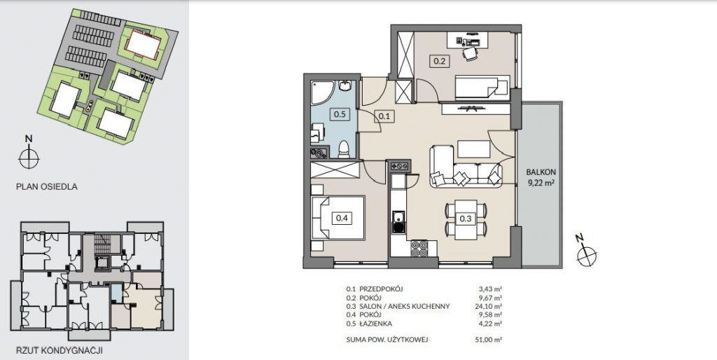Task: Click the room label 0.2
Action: [439, 60]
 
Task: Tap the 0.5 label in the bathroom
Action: [340, 114]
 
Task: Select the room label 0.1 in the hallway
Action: [384, 116]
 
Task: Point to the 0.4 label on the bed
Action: [342, 219]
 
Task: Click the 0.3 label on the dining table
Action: [466, 219]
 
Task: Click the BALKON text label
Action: [541, 172]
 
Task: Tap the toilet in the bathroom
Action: [343, 148]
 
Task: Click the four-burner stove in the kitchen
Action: [419, 249]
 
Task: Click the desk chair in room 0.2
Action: [470, 53]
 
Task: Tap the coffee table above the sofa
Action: [474, 149]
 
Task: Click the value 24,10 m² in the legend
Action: [489, 307]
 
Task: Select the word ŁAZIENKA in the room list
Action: [376, 324]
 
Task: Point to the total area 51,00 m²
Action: [489, 340]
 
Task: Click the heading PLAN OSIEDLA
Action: [47, 186]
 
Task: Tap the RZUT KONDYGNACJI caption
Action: [59, 351]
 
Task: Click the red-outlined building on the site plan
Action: [143, 44]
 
